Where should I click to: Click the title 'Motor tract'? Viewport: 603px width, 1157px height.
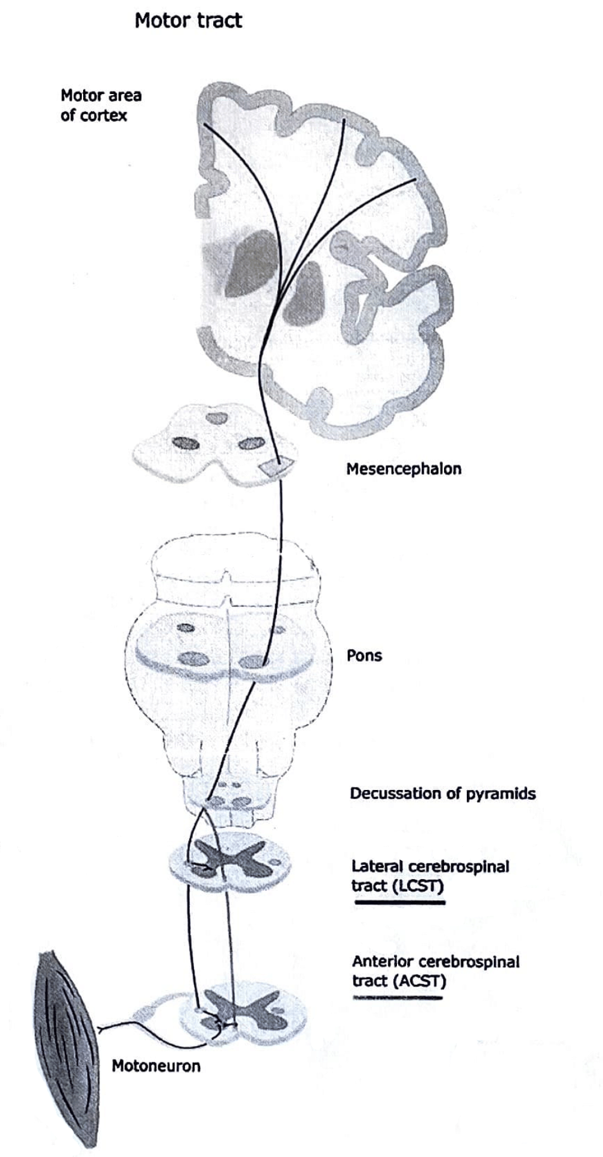tap(188, 20)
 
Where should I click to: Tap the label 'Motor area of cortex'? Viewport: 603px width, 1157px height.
tap(101, 105)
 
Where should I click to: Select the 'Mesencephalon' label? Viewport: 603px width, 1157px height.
tap(404, 469)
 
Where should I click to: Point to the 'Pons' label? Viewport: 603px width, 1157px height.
tap(364, 656)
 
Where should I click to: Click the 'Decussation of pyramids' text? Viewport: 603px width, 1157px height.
tap(443, 793)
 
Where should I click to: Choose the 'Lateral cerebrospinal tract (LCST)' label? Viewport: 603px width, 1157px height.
tap(430, 876)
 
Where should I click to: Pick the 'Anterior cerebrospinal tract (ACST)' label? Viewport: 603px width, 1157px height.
tap(436, 971)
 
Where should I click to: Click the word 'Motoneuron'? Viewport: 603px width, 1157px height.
tap(156, 1066)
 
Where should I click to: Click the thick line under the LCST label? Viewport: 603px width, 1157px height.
tap(400, 902)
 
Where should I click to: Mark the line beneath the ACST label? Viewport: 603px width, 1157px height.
tap(398, 998)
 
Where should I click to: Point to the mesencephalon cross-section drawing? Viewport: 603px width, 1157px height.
tap(214, 446)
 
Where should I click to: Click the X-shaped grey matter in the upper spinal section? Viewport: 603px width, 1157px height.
tap(229, 861)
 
